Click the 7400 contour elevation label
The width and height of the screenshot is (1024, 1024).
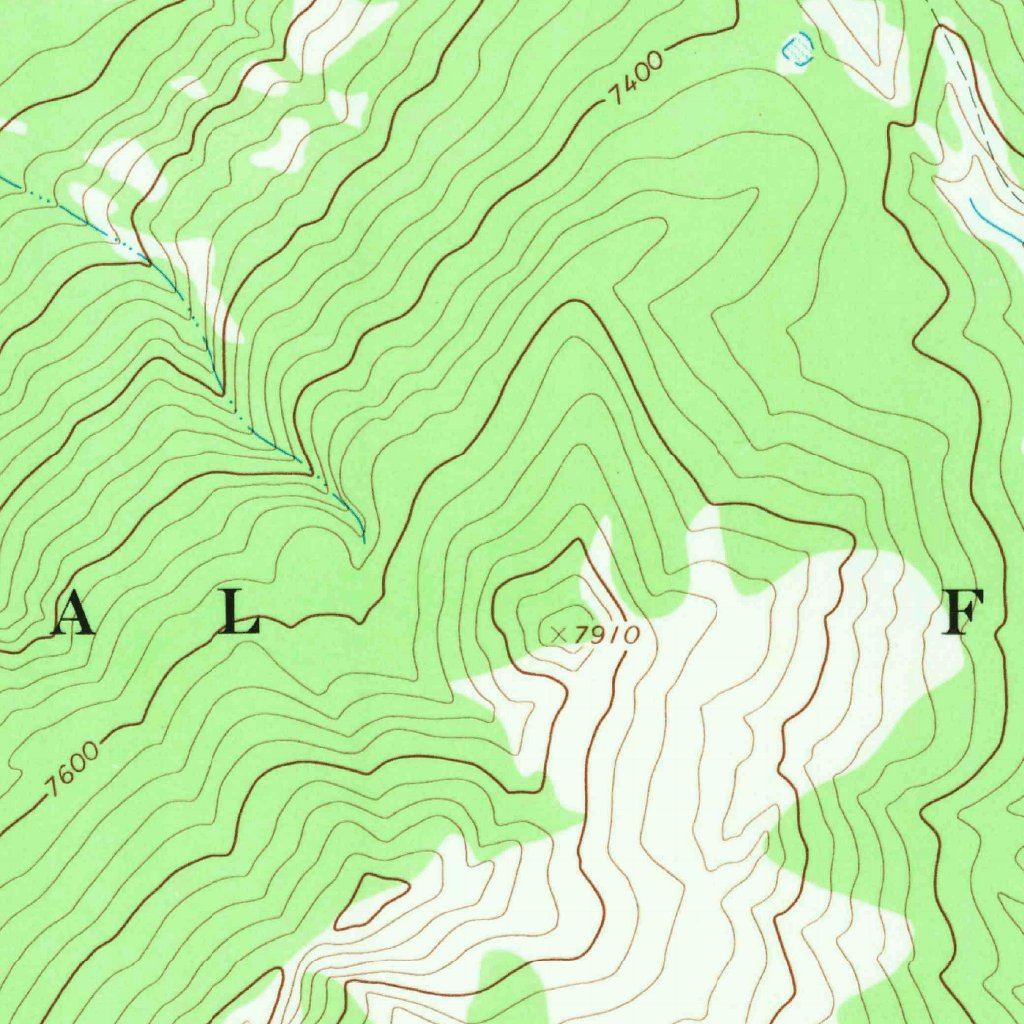634,78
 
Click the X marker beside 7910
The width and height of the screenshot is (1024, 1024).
558,633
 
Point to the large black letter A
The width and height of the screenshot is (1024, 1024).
72,613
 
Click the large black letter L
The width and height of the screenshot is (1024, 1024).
239,613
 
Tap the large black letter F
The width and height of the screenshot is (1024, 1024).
965,613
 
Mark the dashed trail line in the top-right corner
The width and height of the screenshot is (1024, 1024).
975,110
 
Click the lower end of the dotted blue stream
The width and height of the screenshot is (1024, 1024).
362,538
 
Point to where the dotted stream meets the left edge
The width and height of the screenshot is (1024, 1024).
3,180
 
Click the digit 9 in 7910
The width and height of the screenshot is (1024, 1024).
592,635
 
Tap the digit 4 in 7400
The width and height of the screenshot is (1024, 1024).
625,85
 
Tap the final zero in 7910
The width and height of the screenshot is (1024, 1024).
630,635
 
